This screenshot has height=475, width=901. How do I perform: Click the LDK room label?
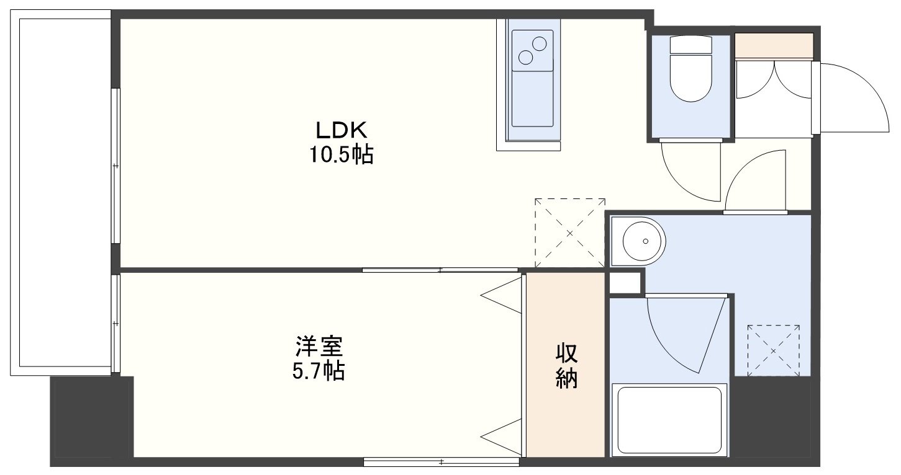pos(341,130)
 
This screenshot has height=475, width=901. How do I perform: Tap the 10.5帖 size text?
pos(341,154)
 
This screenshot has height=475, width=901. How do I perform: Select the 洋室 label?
pos(319,347)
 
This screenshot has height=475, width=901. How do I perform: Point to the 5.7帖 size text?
pos(319,371)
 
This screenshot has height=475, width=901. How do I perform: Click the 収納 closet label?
pos(566,366)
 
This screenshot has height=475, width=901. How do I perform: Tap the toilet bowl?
pos(690,78)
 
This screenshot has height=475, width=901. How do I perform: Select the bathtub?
pos(669,420)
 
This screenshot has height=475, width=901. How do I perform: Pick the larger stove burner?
pos(539,43)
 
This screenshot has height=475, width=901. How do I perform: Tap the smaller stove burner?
pos(525,58)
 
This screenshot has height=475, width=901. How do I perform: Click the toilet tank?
pos(690,45)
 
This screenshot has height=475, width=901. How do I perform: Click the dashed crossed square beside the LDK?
pos(570,233)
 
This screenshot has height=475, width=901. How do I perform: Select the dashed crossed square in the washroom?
pos(773,350)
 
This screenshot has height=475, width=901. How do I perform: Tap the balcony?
pos(60,193)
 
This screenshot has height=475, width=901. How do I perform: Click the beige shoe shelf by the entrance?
pos(774,46)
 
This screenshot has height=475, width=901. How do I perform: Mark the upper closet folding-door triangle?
pos(501,295)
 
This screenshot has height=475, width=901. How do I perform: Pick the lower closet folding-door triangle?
pos(501,437)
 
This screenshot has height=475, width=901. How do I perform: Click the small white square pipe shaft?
pos(625,283)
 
